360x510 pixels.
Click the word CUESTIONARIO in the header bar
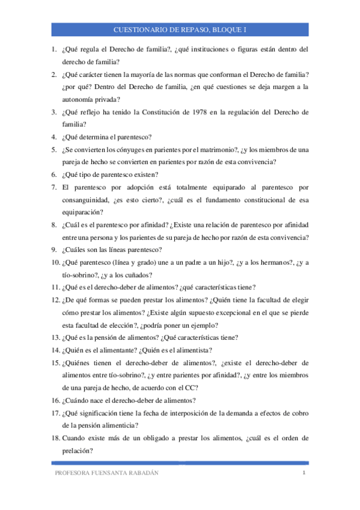[139, 29]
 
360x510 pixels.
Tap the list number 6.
[53, 174]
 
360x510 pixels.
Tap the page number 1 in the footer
[305, 473]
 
